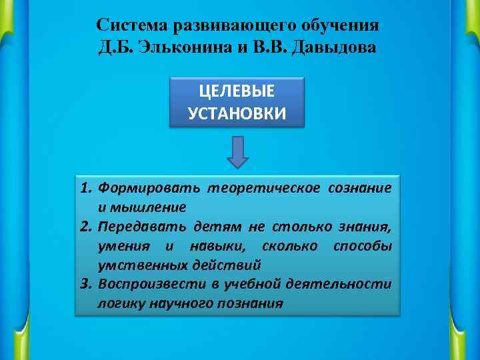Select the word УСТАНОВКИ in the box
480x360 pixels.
[x=237, y=113]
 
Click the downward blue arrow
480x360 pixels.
[x=237, y=153]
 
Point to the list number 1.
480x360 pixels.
[x=85, y=189]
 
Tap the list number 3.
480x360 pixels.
[x=85, y=285]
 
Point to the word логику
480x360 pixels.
[x=119, y=303]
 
